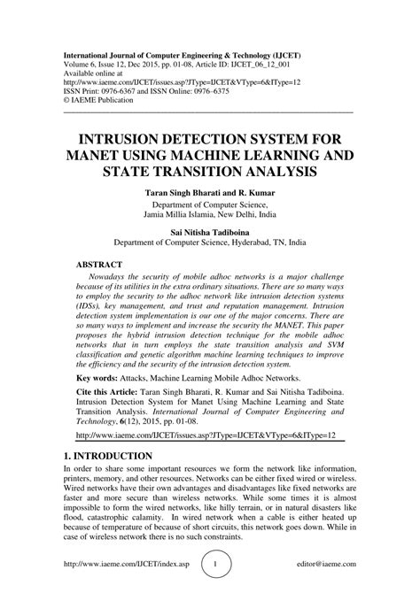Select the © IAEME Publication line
pyautogui.click(x=102, y=99)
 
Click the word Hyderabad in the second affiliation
pyautogui.click(x=253, y=240)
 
